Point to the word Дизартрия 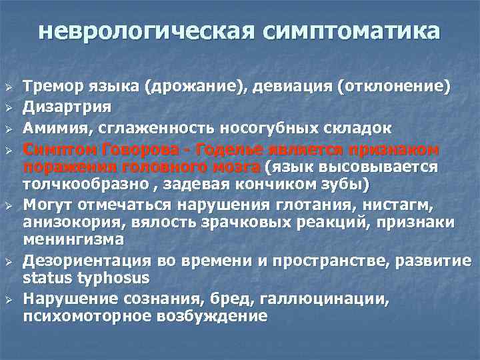coord(67,106)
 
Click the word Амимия coord(52,127)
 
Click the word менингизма coord(72,239)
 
